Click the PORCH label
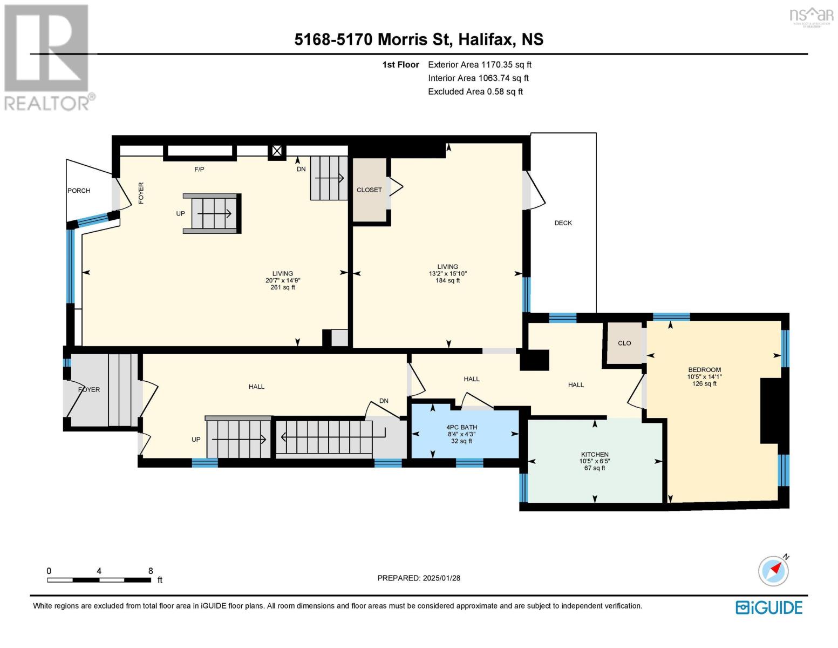pyautogui.click(x=79, y=191)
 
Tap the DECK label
pyautogui.click(x=563, y=222)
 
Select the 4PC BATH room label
pyautogui.click(x=461, y=427)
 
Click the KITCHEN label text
pyautogui.click(x=595, y=454)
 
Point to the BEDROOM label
pyautogui.click(x=704, y=370)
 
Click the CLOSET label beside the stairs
pyautogui.click(x=369, y=190)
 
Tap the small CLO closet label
pyautogui.click(x=624, y=343)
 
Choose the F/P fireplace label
pyautogui.click(x=199, y=170)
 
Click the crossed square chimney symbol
pyautogui.click(x=277, y=151)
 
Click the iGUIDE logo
pyautogui.click(x=768, y=607)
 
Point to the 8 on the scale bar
pyautogui.click(x=151, y=571)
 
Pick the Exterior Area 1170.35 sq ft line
pyautogui.click(x=480, y=65)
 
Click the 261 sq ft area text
pyautogui.click(x=283, y=287)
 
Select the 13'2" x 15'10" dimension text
pyautogui.click(x=448, y=274)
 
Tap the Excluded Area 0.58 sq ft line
pyautogui.click(x=475, y=91)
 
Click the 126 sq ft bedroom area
pyautogui.click(x=704, y=383)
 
